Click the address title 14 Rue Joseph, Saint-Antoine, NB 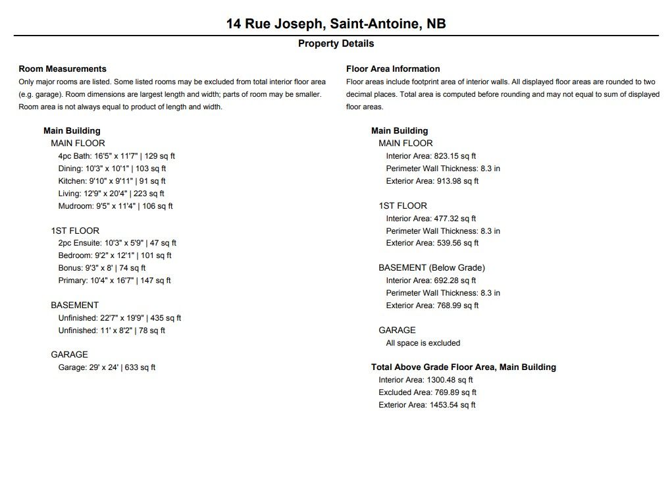pos(336,24)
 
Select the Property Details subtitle pos(336,43)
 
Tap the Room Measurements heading pos(63,68)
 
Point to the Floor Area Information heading pos(393,68)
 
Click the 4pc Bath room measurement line pos(116,156)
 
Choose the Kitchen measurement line pos(112,181)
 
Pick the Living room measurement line pos(111,194)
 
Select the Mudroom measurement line pos(115,206)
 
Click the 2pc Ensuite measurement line pos(117,243)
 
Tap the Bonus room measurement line pos(102,268)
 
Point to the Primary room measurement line pos(115,280)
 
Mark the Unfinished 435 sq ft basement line pos(120,318)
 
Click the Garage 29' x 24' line pos(107,367)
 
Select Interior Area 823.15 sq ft pos(431,156)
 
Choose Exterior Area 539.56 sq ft pos(432,243)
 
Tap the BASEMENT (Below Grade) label pos(432,268)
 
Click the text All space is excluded pos(423,343)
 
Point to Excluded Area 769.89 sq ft pos(426,392)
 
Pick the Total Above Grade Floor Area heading pos(463,367)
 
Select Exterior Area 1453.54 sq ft pos(426,405)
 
